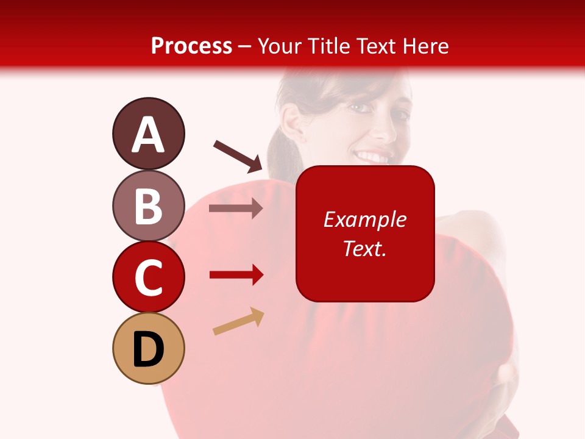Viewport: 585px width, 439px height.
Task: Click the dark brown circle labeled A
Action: pos(148,134)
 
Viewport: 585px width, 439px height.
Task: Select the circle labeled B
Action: pos(148,205)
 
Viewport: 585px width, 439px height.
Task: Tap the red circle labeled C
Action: pos(148,277)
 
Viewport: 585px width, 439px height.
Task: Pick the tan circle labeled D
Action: pos(148,349)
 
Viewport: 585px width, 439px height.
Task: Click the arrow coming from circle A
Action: pos(238,155)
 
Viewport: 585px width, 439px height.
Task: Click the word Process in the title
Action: pos(191,46)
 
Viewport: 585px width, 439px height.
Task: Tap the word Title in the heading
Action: pos(328,46)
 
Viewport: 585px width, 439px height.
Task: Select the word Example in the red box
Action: pos(364,220)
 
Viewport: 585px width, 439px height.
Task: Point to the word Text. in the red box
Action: pos(364,248)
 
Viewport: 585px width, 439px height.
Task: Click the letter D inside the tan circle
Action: pos(148,350)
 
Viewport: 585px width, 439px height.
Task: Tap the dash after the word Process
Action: pos(245,46)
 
